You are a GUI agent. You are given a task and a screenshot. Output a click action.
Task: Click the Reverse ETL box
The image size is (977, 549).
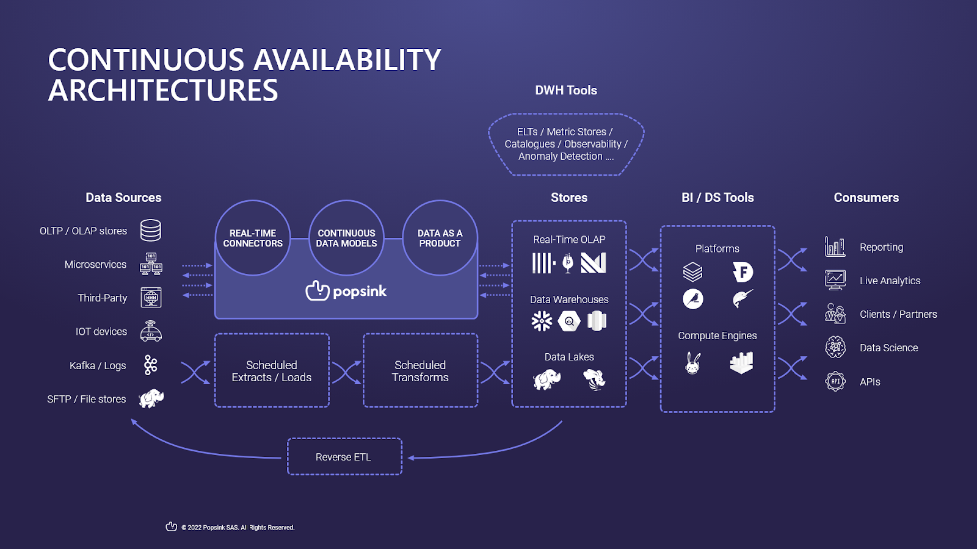click(x=344, y=457)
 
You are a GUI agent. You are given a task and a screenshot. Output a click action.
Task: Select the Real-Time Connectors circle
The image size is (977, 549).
click(x=253, y=238)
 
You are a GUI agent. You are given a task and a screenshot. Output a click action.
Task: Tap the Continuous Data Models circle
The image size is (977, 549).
click(x=346, y=238)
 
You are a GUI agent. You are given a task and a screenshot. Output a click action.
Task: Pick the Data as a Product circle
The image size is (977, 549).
click(x=440, y=238)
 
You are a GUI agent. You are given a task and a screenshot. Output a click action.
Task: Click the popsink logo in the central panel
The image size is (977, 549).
click(x=346, y=291)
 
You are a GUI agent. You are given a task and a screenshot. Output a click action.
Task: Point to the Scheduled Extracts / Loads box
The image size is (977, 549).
click(x=272, y=371)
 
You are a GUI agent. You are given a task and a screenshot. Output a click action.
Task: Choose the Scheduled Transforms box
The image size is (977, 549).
click(x=420, y=371)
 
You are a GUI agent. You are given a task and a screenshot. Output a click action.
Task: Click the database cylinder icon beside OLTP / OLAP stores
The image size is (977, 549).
click(x=151, y=231)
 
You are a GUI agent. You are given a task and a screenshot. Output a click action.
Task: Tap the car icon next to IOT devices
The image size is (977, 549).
click(x=151, y=331)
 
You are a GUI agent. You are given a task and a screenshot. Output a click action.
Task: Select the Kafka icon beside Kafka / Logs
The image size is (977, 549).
click(x=151, y=365)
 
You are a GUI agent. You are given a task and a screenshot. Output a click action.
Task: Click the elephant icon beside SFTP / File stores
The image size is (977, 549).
click(x=151, y=399)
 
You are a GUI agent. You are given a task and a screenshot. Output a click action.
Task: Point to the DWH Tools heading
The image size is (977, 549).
click(x=566, y=90)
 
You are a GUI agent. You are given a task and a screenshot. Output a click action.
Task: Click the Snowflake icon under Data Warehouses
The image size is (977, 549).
click(x=542, y=321)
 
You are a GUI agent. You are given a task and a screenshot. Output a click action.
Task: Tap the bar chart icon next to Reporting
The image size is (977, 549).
click(x=835, y=247)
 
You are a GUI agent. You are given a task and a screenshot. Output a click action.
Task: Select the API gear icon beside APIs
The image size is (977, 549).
click(x=835, y=382)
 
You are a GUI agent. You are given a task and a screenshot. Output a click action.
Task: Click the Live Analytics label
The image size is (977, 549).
click(x=890, y=281)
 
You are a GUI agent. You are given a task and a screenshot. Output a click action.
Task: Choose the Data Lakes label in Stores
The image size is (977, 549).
click(x=569, y=357)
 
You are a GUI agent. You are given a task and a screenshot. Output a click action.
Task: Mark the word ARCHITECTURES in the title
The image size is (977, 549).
click(x=163, y=90)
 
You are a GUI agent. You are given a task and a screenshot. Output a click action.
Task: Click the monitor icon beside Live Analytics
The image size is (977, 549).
click(x=835, y=280)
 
